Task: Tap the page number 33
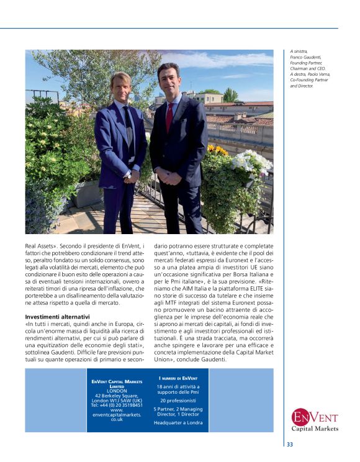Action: click(290, 445)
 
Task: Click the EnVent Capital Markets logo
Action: click(314, 420)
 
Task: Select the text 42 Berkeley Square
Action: click(116, 395)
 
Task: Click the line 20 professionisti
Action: click(178, 400)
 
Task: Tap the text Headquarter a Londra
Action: click(178, 423)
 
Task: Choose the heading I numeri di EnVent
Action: click(178, 378)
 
